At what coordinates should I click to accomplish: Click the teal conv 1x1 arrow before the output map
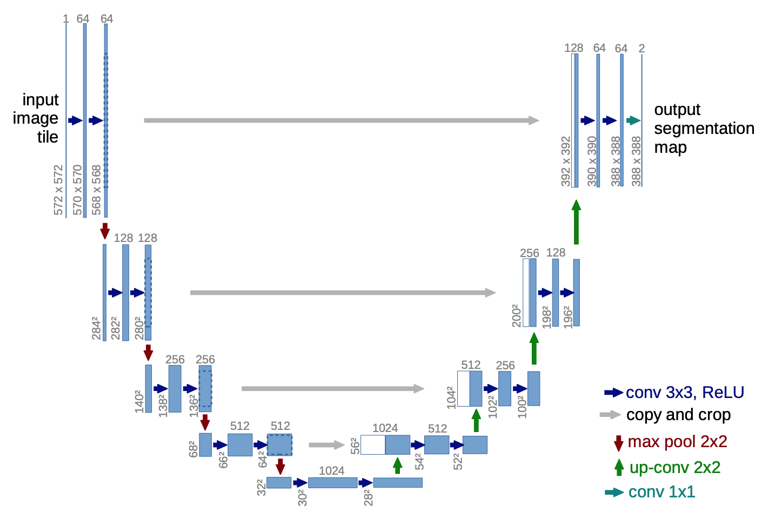coord(633,120)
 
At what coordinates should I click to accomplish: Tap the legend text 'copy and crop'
coord(678,415)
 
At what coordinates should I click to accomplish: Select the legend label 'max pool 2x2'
coord(677,441)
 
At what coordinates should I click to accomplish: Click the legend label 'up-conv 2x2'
coord(675,467)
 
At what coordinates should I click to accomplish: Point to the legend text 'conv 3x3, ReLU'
coord(685,392)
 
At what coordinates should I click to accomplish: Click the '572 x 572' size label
coord(58,190)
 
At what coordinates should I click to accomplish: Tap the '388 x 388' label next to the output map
coord(636,161)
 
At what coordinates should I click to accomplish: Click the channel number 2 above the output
coord(642,49)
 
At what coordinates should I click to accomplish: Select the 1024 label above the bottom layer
coord(331,470)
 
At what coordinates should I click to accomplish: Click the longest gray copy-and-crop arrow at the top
coord(342,120)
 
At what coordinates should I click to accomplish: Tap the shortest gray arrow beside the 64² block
coord(326,445)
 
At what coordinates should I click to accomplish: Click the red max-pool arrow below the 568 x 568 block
coord(105,231)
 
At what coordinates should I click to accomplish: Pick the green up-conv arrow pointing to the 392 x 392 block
coord(576,222)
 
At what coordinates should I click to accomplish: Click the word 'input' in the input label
coord(41,99)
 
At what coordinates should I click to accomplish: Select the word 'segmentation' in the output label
coord(704,129)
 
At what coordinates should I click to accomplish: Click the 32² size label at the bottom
coord(261,487)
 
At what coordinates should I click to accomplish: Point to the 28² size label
coord(368,497)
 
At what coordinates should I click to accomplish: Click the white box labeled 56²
coord(373,445)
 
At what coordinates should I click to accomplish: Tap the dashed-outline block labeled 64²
coord(279,445)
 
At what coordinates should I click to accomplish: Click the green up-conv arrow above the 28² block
coord(398,466)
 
